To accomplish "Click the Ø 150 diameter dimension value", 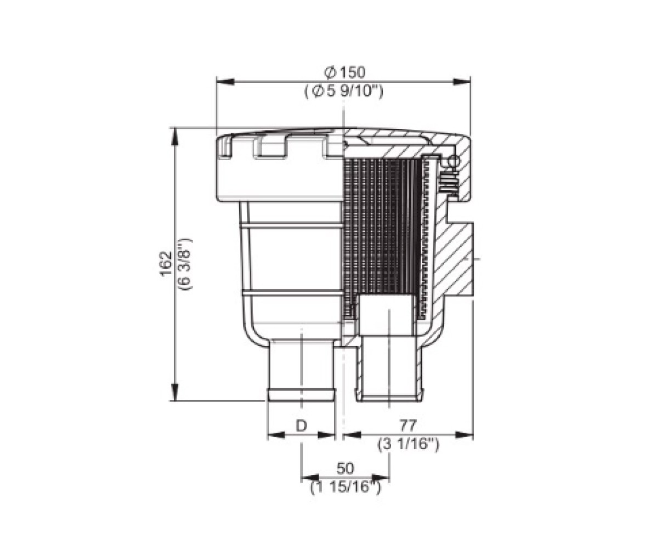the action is pos(344,72).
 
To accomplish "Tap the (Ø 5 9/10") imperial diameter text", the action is pos(344,92).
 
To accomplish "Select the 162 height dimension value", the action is pos(166,264).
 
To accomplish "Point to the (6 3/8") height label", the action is pos(185,264).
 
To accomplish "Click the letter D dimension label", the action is pos(302,426).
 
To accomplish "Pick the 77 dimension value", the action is pos(408,424).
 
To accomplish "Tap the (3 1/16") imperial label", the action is pos(409,444).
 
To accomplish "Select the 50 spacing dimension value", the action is pos(345,468).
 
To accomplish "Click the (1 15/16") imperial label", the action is pos(346,488).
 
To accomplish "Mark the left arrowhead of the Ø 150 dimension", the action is pos(225,82).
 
